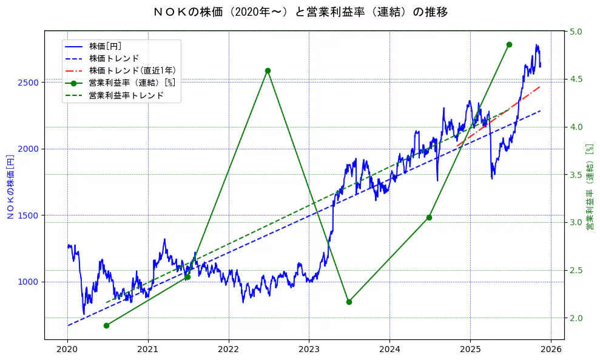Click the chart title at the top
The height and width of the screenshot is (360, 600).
click(x=300, y=12)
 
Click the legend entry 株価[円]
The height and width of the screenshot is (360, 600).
click(x=105, y=46)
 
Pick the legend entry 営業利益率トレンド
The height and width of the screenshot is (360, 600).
click(x=126, y=95)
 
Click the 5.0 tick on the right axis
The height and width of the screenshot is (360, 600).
click(x=575, y=32)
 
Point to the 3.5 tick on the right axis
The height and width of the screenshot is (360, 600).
click(x=575, y=175)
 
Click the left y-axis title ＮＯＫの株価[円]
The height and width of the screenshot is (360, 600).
click(x=10, y=185)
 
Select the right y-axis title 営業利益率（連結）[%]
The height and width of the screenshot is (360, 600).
click(x=589, y=185)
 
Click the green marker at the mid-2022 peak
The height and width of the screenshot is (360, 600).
click(x=268, y=70)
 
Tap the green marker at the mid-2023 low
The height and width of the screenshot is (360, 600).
click(x=349, y=302)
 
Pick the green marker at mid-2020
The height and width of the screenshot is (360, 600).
click(x=106, y=325)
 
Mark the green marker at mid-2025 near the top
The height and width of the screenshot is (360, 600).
click(x=509, y=44)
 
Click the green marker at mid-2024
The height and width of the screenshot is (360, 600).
click(x=429, y=217)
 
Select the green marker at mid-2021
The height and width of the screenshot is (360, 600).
click(x=187, y=277)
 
